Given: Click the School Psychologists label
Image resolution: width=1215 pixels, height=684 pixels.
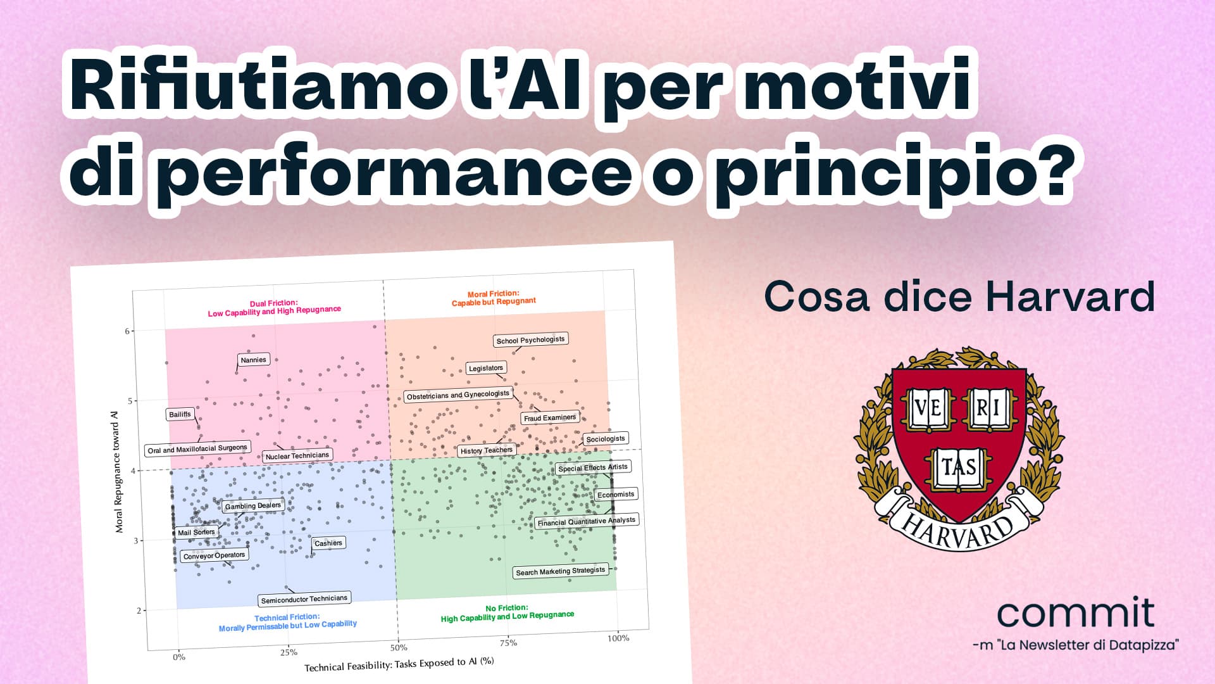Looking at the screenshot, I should point(530,340).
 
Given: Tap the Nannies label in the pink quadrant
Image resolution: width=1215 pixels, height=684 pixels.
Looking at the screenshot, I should point(254,360).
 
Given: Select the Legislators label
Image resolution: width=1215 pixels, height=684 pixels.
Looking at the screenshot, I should point(486,368).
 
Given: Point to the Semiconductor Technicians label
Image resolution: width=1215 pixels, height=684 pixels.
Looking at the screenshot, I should point(304,599).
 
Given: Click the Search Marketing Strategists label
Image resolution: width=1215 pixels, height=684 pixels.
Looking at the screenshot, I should point(561,571).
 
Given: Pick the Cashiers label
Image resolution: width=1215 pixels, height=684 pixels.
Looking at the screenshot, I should point(328,543).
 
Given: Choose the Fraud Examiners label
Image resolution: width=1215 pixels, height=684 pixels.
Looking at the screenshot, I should point(550,418).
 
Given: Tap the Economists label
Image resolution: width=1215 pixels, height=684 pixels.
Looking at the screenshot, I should point(616,495).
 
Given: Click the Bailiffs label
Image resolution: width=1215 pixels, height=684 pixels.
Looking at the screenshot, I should point(180,414).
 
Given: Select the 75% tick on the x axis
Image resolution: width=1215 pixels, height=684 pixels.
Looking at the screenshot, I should point(508,643).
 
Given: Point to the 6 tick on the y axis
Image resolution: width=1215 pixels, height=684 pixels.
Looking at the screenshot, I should point(127,331).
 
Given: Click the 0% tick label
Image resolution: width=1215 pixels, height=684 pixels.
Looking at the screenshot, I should point(179,657).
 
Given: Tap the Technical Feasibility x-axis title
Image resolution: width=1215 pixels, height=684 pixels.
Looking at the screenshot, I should point(399,664).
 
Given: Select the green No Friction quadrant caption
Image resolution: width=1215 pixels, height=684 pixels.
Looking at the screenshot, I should point(507,613).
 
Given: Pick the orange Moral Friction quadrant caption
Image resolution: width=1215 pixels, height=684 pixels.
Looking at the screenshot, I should point(494,298).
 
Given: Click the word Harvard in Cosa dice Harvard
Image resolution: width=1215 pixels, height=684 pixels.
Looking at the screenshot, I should point(1070,296).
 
